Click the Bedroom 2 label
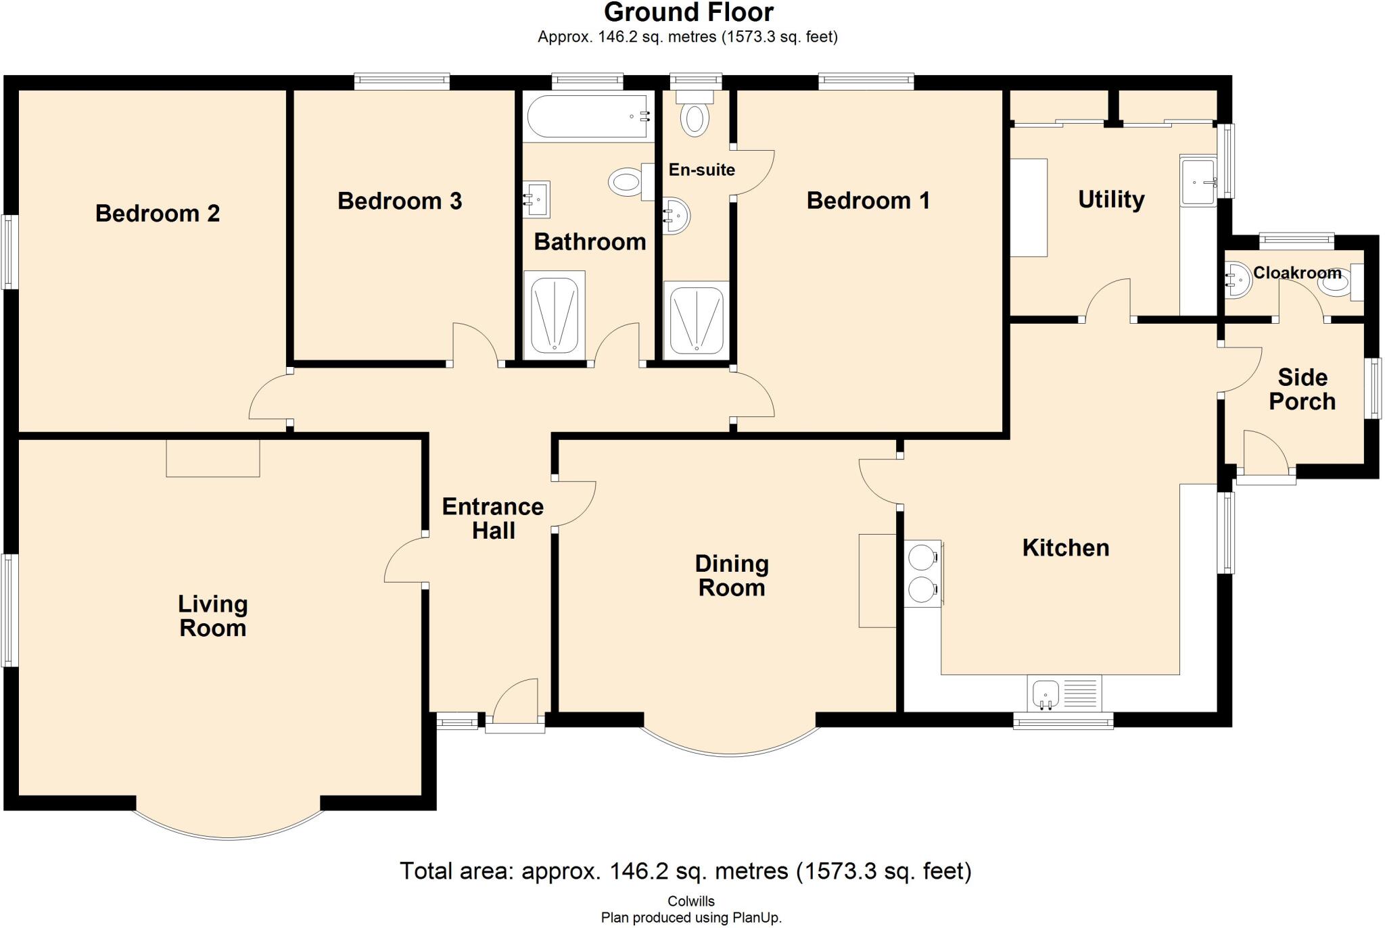158,214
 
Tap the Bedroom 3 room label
400,201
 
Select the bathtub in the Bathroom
588,117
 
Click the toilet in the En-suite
695,113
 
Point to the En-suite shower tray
696,320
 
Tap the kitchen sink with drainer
1064,693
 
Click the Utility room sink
1199,180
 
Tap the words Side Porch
1302,389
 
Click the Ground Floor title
688,12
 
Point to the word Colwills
691,901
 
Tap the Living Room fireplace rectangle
213,458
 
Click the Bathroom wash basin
536,199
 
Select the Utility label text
1111,199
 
